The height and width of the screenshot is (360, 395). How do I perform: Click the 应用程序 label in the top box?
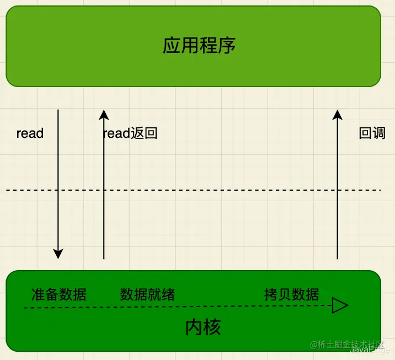199,45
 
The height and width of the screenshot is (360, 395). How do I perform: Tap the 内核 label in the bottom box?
203,327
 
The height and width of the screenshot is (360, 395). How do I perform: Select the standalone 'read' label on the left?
30,133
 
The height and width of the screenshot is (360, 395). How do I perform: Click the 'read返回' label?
131,133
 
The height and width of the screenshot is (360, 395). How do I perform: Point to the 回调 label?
372,133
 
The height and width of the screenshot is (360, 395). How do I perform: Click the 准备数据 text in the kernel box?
58,294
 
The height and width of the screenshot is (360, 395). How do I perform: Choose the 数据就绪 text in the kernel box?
147,294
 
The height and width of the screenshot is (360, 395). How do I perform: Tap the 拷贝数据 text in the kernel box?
291,294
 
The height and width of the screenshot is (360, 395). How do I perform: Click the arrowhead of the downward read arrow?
58,254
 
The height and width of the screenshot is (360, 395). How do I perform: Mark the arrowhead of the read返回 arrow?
104,115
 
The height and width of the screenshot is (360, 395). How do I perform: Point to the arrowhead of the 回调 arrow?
338,115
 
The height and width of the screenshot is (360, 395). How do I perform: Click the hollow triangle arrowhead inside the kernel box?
339,306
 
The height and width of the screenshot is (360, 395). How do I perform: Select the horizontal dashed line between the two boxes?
193,190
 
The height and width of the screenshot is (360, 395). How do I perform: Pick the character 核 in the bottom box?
212,327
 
